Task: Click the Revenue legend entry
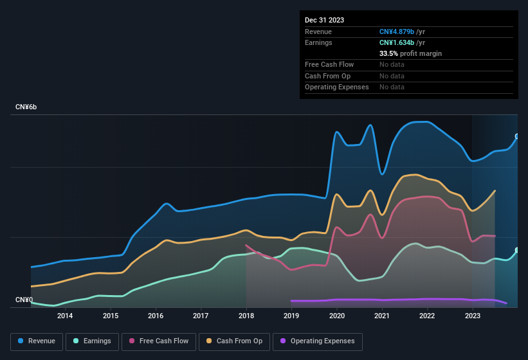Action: [x=37, y=341]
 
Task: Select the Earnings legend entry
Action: [x=92, y=341]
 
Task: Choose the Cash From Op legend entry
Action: [x=235, y=341]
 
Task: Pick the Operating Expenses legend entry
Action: [x=318, y=341]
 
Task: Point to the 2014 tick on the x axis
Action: [x=65, y=316]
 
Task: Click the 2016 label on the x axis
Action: [x=156, y=316]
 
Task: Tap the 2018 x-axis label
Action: [x=246, y=316]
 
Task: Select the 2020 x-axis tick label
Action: [x=336, y=316]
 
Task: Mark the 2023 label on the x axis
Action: [x=473, y=316]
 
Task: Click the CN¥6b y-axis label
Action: [x=27, y=107]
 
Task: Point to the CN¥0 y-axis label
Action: [x=24, y=300]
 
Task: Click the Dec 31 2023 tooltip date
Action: [x=324, y=20]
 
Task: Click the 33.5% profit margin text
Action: [x=410, y=53]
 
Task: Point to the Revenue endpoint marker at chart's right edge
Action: [x=516, y=136]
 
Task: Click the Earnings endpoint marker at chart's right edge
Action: [x=516, y=250]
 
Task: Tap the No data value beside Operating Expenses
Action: [x=392, y=87]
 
